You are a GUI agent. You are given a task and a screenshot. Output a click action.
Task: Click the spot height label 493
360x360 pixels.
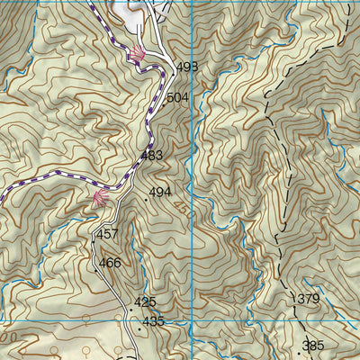187,67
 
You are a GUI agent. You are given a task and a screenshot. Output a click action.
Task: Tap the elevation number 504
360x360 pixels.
178,97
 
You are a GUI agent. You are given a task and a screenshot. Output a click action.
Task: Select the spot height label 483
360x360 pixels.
151,157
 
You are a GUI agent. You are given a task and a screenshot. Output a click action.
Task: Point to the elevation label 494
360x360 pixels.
160,193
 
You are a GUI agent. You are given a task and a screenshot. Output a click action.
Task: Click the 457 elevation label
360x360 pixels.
107,234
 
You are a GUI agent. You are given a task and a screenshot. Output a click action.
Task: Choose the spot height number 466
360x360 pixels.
110,263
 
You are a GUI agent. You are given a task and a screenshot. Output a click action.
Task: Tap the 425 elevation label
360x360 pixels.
145,302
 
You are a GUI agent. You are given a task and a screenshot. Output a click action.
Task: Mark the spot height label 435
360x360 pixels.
153,321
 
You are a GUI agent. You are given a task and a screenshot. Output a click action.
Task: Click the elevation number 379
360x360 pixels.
308,299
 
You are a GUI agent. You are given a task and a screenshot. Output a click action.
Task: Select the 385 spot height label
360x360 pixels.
313,346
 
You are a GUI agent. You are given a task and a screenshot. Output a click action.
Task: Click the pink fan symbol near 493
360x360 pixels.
136,55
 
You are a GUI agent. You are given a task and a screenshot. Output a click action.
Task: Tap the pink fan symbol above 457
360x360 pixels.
99,198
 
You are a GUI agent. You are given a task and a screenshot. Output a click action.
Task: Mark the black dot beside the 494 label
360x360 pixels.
146,199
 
